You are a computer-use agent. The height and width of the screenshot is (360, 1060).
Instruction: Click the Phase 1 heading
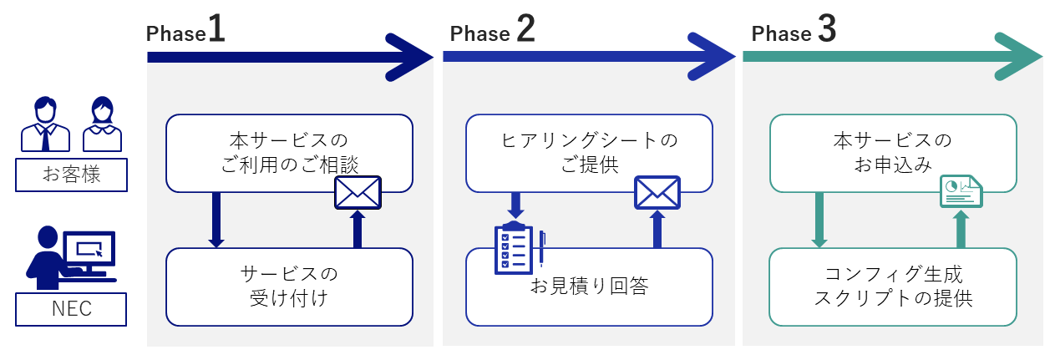point(185,29)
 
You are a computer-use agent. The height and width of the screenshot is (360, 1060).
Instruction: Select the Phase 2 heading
point(492,29)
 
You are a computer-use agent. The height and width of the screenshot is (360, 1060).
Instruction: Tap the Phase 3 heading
point(794,29)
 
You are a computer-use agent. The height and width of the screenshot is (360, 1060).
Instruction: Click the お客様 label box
point(72,175)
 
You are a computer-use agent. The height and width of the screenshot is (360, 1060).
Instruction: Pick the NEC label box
point(71,309)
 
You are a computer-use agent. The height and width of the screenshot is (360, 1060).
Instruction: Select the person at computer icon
point(71,258)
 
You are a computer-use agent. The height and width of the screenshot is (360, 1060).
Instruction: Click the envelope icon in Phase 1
point(358,193)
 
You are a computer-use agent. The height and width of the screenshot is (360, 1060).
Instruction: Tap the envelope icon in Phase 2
point(657,193)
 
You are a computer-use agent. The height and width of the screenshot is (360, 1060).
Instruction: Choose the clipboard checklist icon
point(519,247)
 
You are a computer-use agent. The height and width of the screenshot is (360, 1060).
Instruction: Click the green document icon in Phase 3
point(961,191)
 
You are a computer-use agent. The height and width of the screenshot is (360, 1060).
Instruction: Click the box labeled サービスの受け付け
point(289,287)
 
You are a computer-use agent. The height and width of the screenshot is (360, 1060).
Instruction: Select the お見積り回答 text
point(589,286)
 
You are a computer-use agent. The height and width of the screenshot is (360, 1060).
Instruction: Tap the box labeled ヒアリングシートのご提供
point(589,154)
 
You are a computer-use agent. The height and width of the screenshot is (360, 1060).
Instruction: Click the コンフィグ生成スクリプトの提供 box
point(893,287)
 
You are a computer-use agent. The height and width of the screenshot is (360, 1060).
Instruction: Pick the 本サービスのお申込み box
point(893,154)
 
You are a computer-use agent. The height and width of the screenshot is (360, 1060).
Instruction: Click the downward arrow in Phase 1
point(216,220)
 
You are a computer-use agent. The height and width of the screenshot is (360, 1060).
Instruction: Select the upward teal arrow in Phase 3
point(961,229)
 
